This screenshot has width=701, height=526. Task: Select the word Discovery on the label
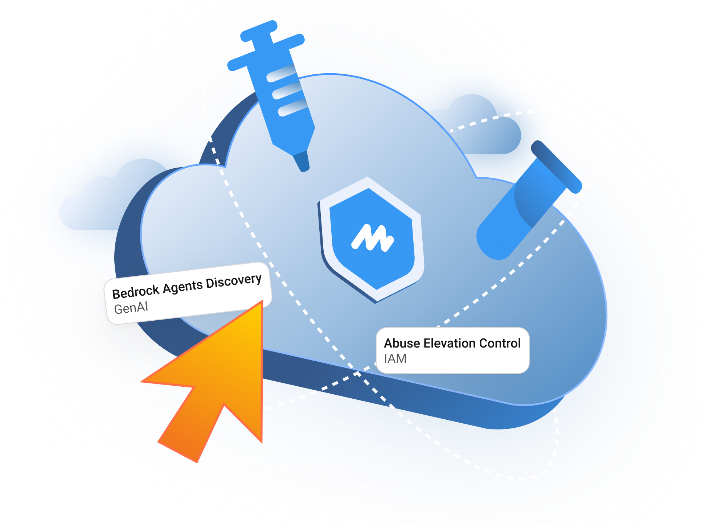[x=234, y=281]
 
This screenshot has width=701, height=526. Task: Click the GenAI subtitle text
[x=131, y=308]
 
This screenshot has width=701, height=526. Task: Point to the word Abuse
[x=402, y=343]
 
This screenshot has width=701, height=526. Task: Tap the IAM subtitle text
[x=395, y=359]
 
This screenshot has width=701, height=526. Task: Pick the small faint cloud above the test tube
[x=479, y=123]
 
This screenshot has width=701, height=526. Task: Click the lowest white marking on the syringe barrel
[x=293, y=108]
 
